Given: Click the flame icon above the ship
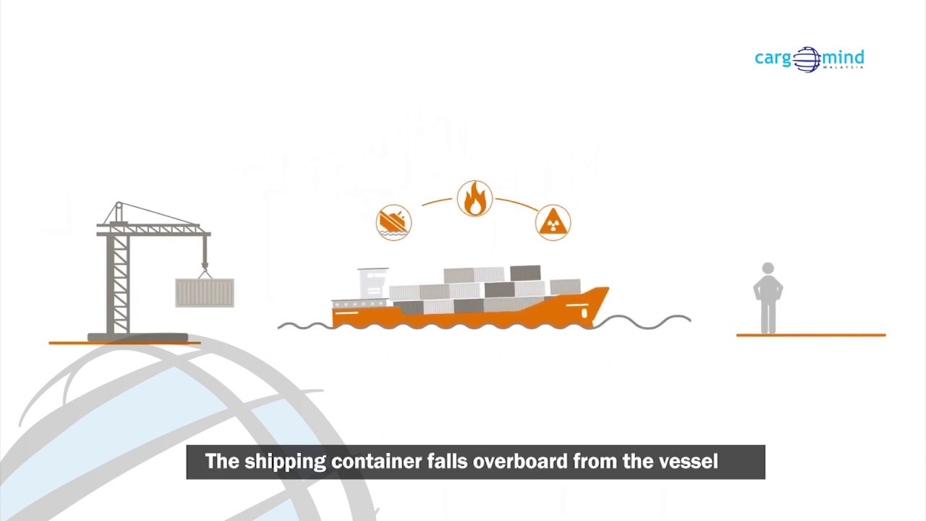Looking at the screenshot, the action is [x=475, y=198].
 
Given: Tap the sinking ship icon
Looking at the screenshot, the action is [x=394, y=221].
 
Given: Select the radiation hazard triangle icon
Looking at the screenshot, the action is [x=553, y=221].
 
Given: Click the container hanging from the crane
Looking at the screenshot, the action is [x=205, y=292].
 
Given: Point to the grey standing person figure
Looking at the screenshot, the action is [x=768, y=300].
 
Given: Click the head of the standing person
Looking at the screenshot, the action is [x=768, y=269].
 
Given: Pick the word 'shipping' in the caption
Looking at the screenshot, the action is [x=285, y=462].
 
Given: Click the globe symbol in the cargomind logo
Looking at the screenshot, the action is [x=807, y=59].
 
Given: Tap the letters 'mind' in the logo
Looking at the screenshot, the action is [x=843, y=57].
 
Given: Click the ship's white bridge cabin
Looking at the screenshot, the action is [x=372, y=283].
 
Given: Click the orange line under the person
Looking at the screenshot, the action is [x=810, y=335].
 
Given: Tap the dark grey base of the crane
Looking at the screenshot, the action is [x=137, y=337].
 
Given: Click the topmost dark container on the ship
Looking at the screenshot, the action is [x=524, y=273].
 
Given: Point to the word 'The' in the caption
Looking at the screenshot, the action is [x=222, y=462].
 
